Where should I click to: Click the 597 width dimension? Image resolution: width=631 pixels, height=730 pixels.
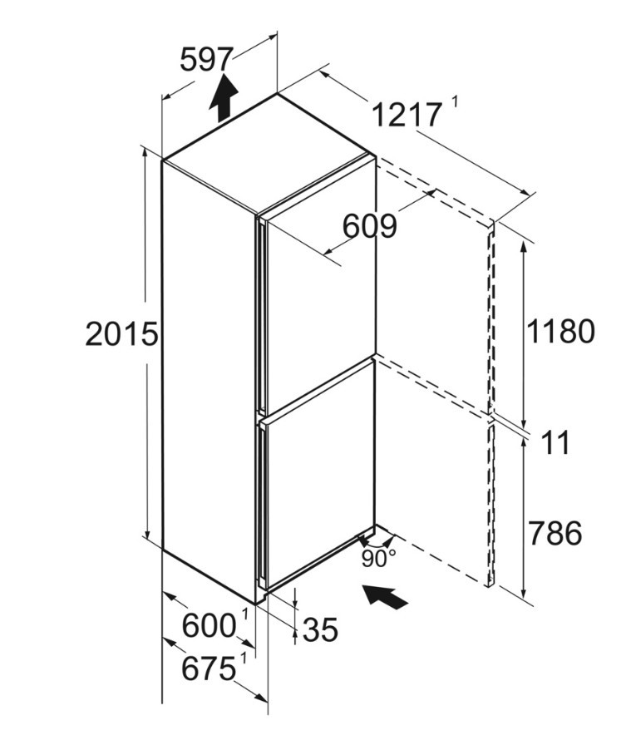click(x=206, y=59)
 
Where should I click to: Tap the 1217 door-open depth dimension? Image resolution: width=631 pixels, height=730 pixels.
click(x=407, y=115)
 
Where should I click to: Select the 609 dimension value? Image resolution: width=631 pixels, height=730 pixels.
click(x=370, y=226)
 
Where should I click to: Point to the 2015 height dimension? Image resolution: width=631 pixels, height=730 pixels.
click(x=122, y=333)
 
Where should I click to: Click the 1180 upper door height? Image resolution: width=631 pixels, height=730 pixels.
click(x=560, y=331)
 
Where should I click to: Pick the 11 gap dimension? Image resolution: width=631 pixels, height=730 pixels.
click(x=556, y=442)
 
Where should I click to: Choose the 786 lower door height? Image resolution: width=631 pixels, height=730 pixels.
click(x=555, y=533)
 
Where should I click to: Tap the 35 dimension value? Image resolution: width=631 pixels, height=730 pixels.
click(x=320, y=630)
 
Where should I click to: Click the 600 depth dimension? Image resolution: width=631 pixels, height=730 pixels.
click(x=209, y=625)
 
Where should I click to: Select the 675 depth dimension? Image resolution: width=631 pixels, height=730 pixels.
click(x=208, y=668)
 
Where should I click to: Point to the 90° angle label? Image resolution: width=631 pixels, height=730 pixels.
click(x=378, y=558)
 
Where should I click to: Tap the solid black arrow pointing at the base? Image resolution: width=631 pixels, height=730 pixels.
click(x=385, y=597)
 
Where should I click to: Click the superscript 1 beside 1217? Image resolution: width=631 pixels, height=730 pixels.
click(x=455, y=101)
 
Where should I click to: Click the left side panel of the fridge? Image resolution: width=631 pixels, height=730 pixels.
click(x=210, y=381)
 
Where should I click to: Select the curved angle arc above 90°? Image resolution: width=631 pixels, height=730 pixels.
click(x=377, y=544)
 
